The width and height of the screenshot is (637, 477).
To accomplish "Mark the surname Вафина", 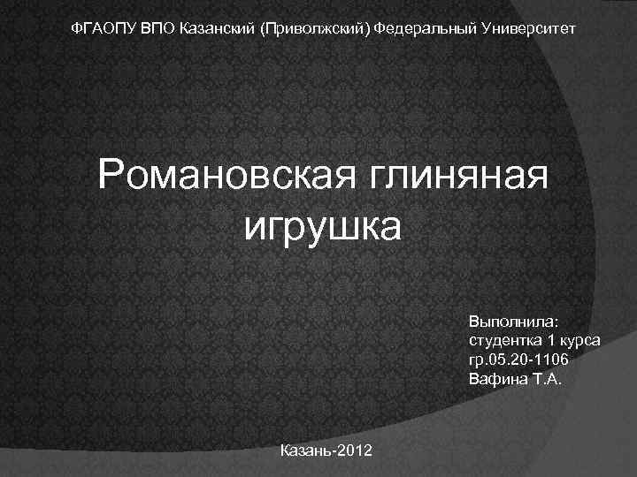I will pos(495,379).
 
